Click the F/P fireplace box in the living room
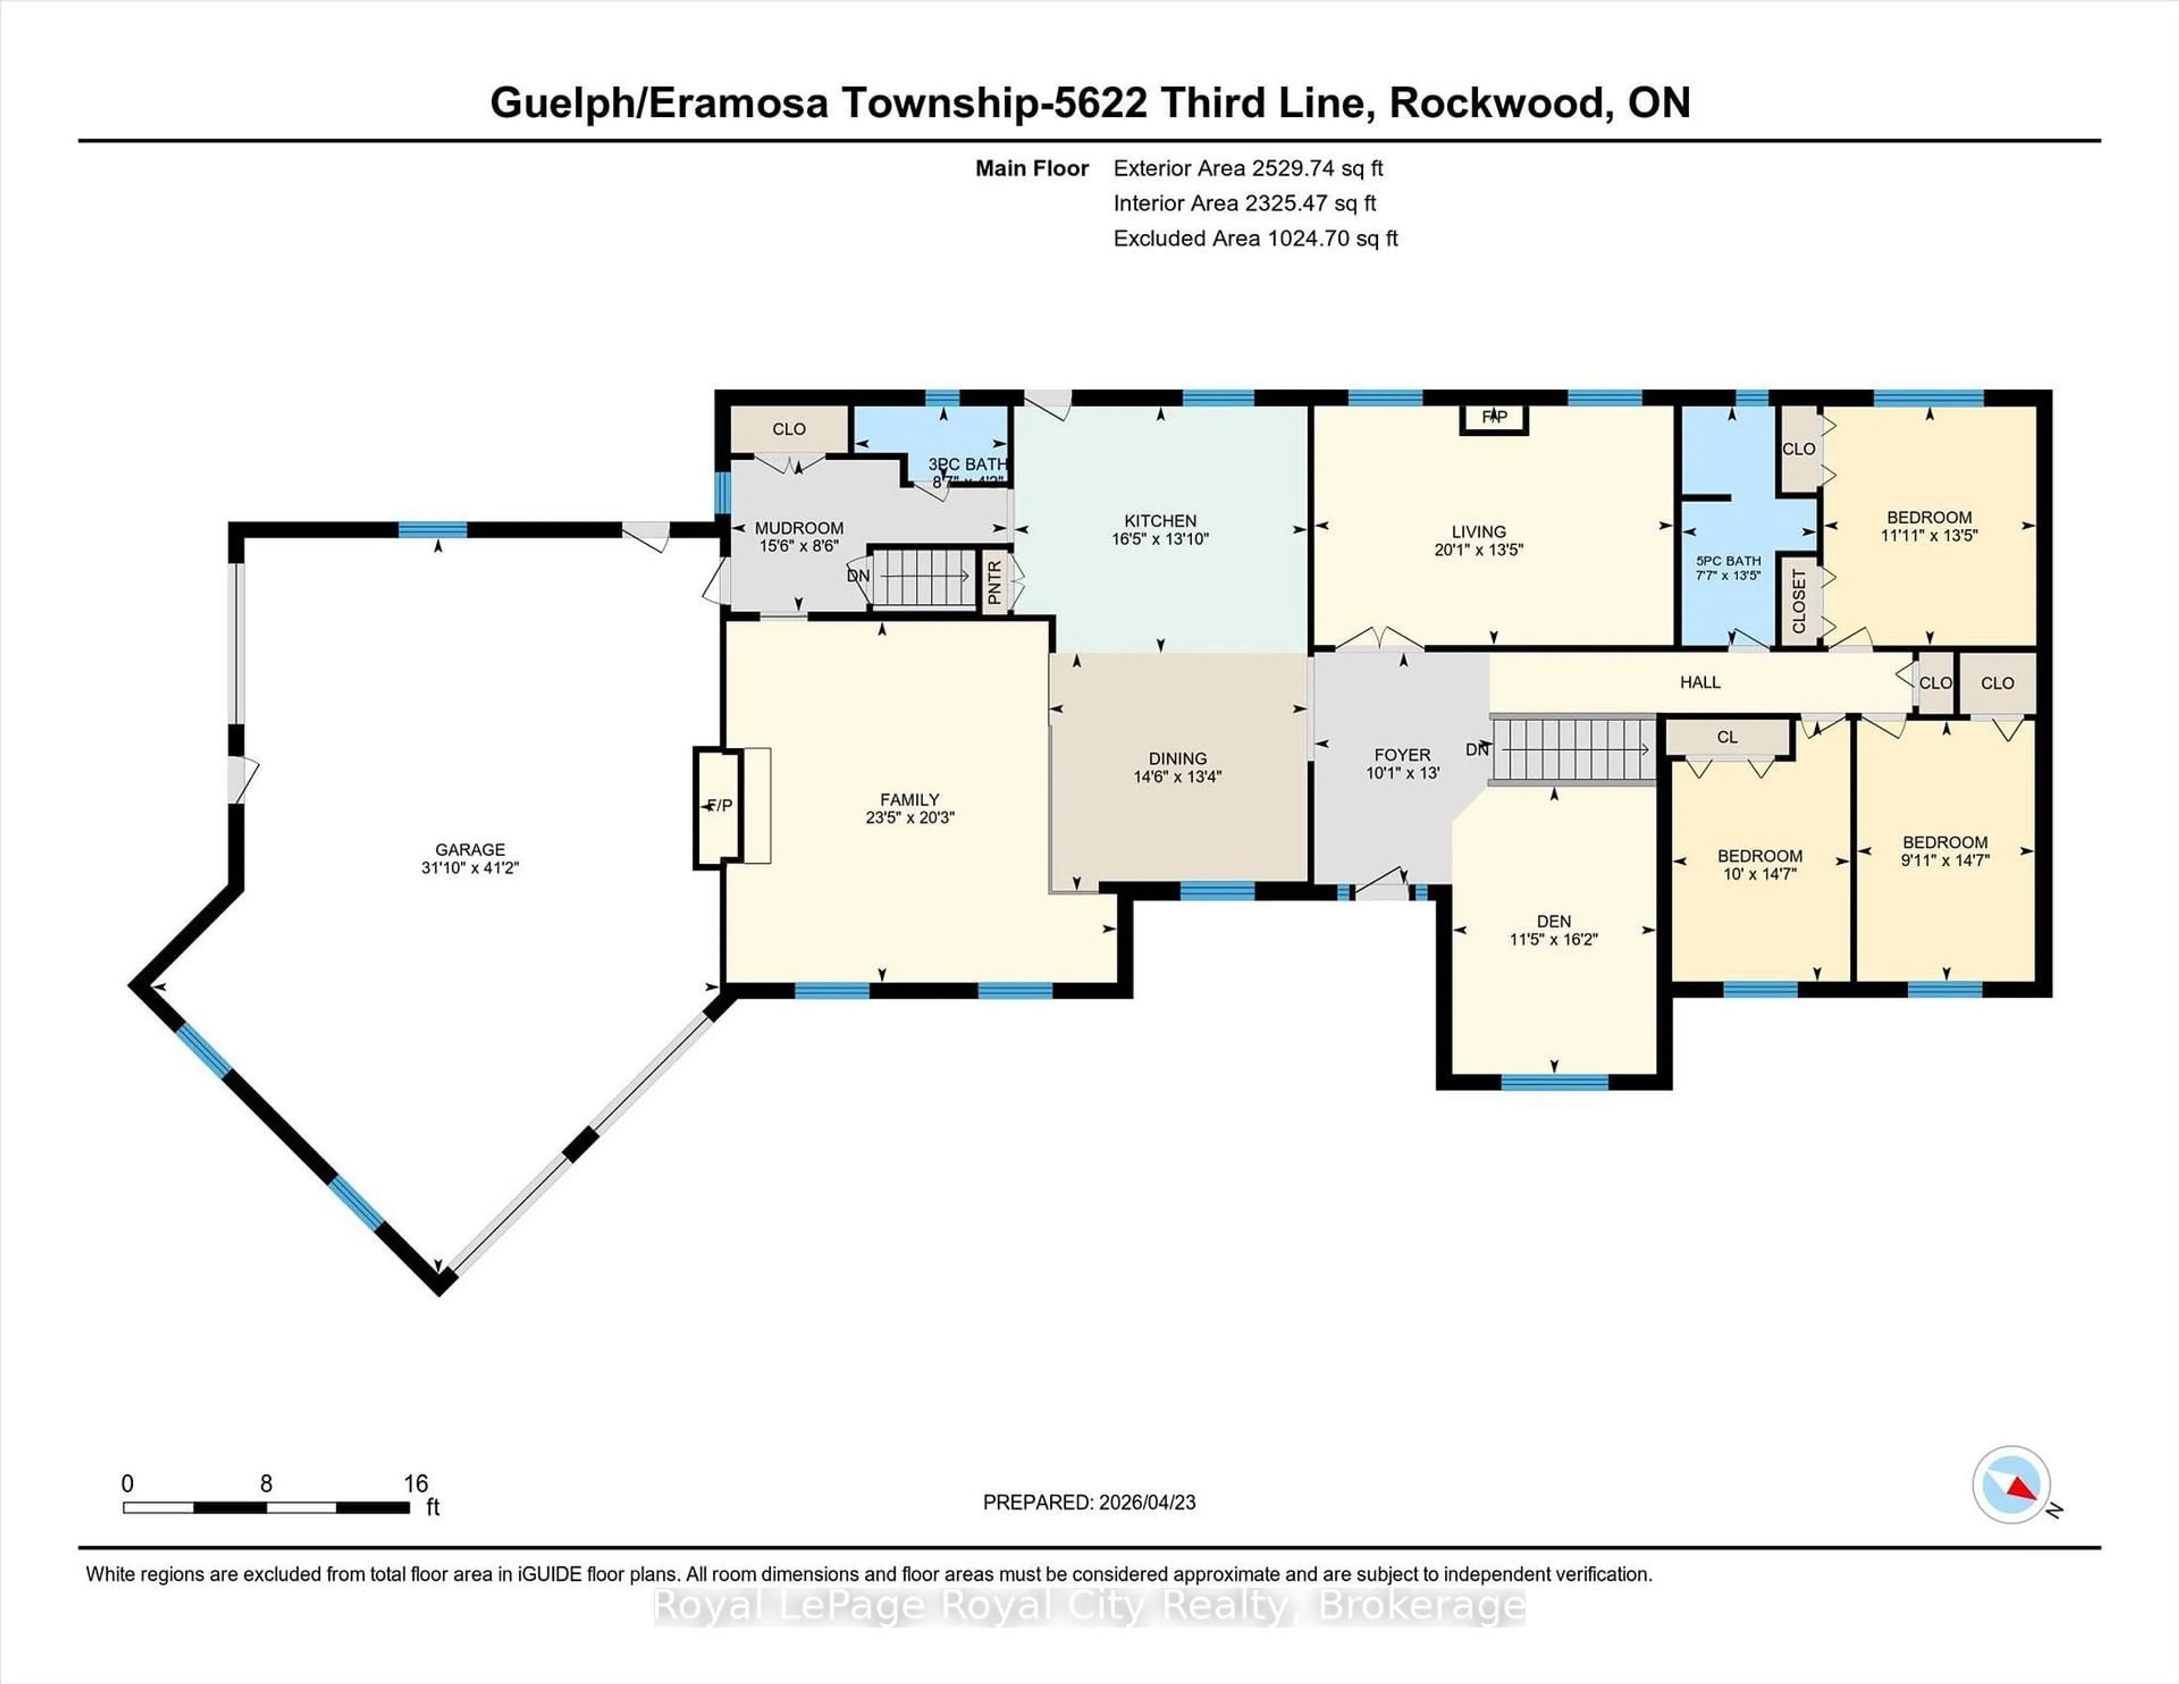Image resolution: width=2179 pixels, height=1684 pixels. coord(1494,417)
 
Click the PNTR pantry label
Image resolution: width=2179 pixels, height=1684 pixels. coord(994,582)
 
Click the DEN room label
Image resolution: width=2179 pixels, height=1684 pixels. coord(1554,921)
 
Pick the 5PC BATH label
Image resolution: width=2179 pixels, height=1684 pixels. coord(1728,561)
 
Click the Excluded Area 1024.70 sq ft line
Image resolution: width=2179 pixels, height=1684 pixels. coord(1255,238)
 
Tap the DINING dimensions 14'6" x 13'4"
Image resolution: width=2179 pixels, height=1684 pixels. coord(1177,776)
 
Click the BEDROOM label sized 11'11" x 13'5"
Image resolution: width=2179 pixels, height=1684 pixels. coord(1929,517)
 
